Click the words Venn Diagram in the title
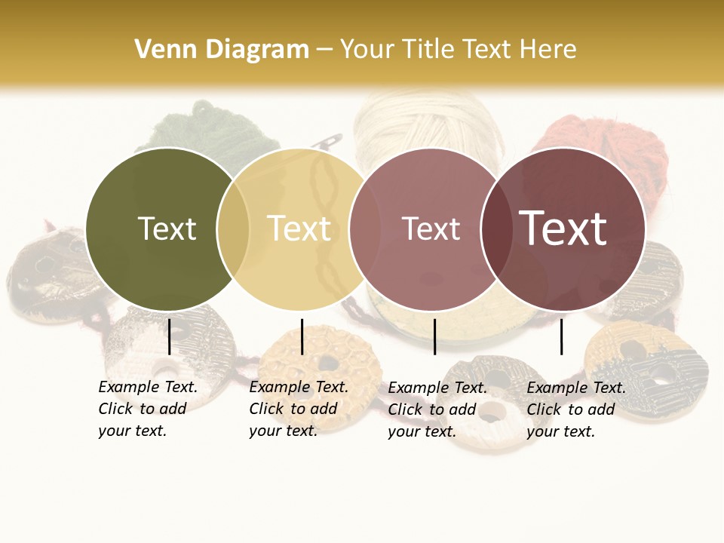[222, 50]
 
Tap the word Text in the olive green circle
[167, 229]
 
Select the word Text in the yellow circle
[299, 229]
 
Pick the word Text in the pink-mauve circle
[431, 229]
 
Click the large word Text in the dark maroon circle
[563, 228]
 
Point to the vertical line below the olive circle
[169, 336]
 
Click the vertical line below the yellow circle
[302, 336]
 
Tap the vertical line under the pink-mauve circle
[434, 336]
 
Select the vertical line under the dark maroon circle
[561, 336]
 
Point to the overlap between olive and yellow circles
[233, 229]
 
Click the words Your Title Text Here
[459, 50]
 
